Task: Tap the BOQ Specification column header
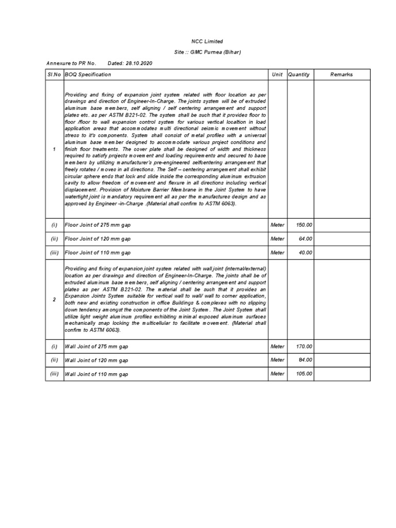point(88,75)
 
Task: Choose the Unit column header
point(277,75)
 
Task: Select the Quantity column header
point(299,75)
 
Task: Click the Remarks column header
point(342,75)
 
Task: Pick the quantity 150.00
point(304,225)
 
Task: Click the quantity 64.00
point(305,239)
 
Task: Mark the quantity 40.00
point(305,253)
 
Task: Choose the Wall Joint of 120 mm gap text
point(97,360)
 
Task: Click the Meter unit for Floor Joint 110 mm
point(277,253)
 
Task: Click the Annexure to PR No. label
point(71,63)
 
